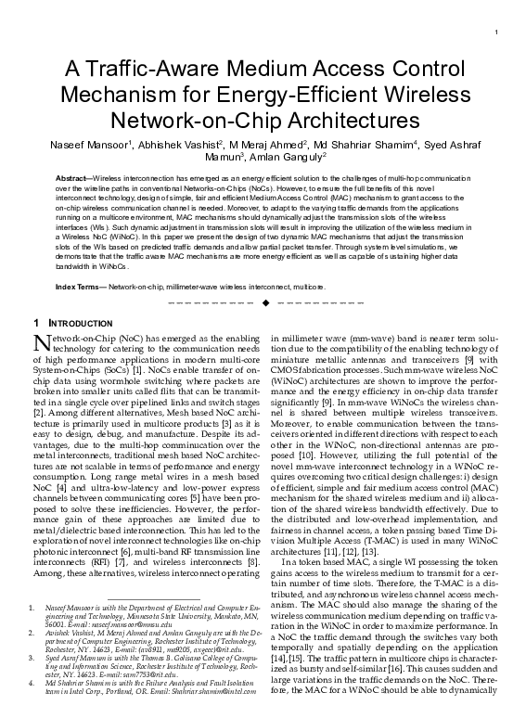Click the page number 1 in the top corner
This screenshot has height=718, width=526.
[498, 33]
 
